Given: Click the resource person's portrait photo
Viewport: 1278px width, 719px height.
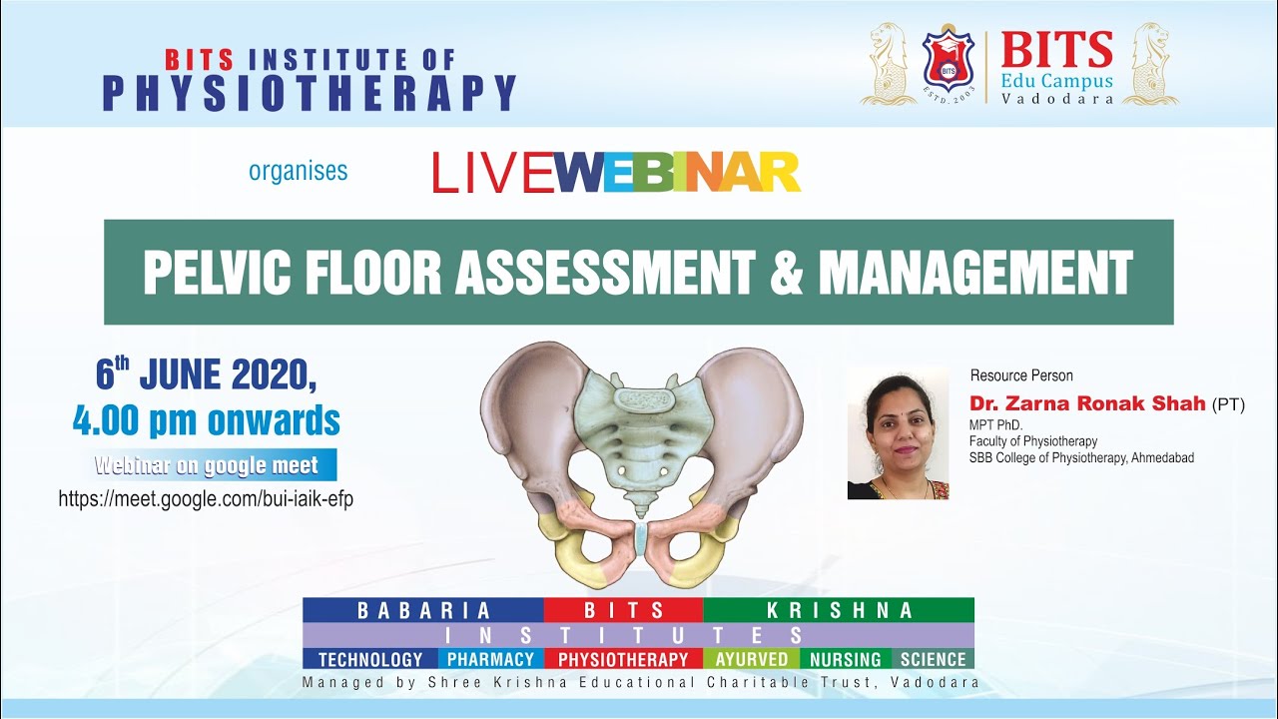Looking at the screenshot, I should coord(898,432).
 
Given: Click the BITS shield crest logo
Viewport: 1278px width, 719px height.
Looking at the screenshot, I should coord(949,61).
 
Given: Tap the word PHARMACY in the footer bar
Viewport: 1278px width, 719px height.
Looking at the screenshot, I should coord(490,659).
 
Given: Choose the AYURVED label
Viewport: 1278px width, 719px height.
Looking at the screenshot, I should coord(751,659).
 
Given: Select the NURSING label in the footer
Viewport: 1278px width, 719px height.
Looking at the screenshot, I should coord(845,659).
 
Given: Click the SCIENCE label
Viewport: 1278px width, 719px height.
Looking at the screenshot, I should coord(933,659).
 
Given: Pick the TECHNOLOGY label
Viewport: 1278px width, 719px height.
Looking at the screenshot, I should coord(370,659).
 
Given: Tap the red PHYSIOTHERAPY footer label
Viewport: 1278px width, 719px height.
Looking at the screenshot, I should coord(623,659).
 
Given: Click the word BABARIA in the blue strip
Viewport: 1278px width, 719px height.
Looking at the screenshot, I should coord(424,610).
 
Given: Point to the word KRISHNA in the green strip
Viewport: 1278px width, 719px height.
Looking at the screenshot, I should coord(839,610).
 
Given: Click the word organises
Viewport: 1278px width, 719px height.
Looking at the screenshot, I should coord(298,171).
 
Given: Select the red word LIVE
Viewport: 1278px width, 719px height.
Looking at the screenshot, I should coord(492,173).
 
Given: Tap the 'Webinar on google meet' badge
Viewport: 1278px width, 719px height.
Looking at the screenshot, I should coord(207,465).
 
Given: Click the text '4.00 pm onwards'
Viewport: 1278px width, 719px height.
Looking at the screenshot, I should coord(207,420).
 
